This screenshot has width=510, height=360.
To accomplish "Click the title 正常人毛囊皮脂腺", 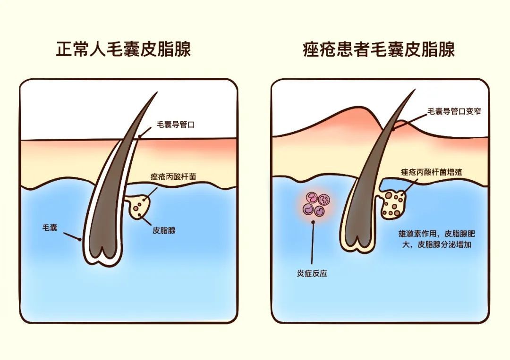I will coord(123,49).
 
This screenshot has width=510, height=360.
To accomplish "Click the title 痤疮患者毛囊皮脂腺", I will coord(379,49).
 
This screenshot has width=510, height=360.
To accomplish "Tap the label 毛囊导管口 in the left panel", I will coord(176,126).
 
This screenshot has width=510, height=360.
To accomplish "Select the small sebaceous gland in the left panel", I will coord(138,207).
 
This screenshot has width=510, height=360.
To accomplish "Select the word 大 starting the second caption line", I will coord(401,245).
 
